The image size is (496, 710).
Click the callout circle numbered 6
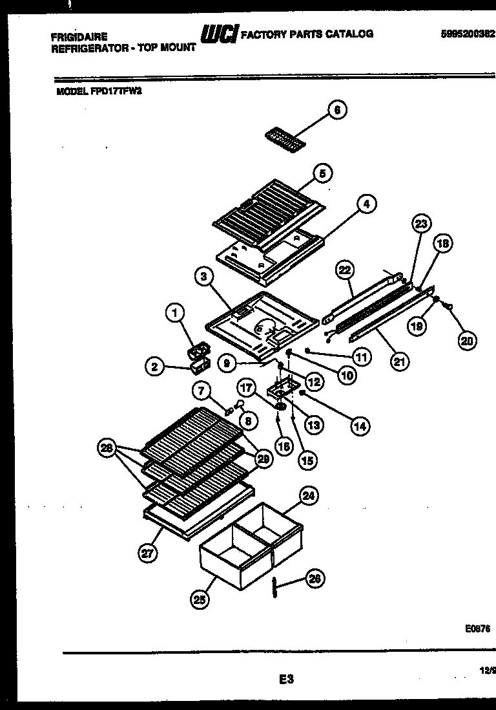[x=336, y=111]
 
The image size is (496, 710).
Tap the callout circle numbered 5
[x=322, y=173]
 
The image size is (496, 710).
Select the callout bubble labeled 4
[x=366, y=204]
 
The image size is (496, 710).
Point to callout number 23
[x=420, y=224]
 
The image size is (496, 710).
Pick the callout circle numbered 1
[x=173, y=314]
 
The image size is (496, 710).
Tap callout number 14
[x=360, y=425]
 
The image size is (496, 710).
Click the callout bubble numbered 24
[x=309, y=496]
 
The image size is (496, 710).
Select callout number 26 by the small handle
[x=315, y=579]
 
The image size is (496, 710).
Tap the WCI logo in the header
[x=220, y=34]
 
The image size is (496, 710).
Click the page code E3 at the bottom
[x=286, y=679]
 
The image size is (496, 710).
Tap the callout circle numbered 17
[x=246, y=389]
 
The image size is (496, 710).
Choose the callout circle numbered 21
[x=400, y=361]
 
